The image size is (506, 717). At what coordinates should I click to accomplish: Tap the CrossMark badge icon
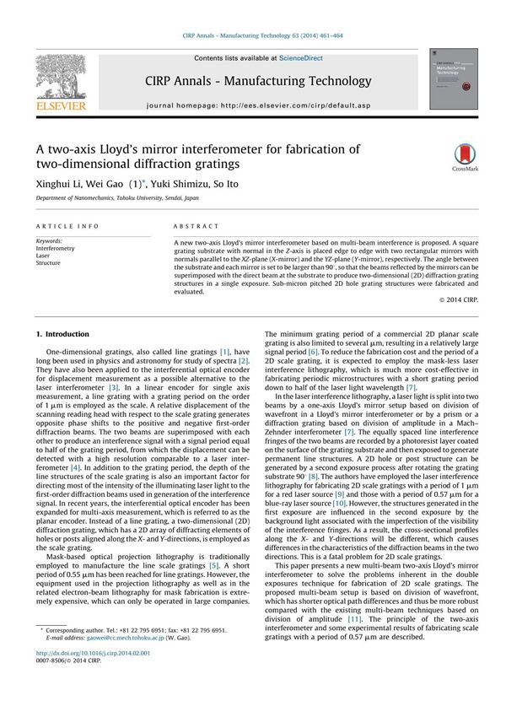(x=465, y=156)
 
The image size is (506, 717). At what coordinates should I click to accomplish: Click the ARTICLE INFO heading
(x=67, y=227)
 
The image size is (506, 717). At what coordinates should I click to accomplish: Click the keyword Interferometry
(x=55, y=249)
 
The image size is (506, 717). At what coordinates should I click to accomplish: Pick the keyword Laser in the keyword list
(x=44, y=256)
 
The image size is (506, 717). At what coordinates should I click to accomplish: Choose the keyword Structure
(x=48, y=264)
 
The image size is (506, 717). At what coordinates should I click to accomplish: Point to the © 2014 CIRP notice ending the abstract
(x=459, y=299)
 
